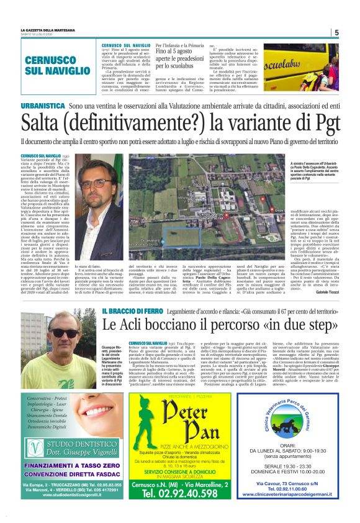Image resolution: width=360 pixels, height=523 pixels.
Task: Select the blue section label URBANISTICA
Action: click(x=42, y=107)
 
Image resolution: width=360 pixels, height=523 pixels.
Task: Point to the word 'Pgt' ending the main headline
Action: click(x=323, y=125)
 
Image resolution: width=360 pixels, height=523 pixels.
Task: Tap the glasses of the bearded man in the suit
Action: click(x=93, y=184)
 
